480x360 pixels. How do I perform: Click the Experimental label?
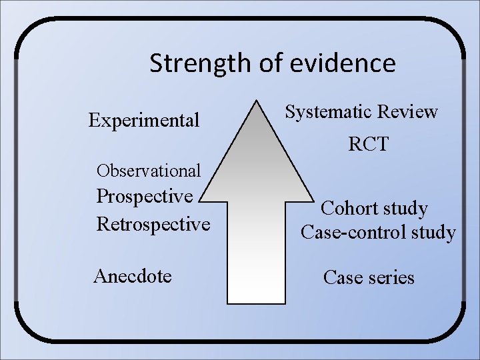(x=144, y=120)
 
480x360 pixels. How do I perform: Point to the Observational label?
(x=148, y=171)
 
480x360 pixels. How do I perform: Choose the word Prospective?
(x=145, y=196)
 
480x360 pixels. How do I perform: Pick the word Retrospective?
(x=153, y=223)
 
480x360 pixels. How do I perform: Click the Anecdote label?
(x=133, y=275)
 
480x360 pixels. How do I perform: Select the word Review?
(x=409, y=111)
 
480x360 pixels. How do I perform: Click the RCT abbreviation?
(x=368, y=144)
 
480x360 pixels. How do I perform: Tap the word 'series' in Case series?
(x=391, y=277)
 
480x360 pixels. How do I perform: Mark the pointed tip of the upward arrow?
(x=257, y=101)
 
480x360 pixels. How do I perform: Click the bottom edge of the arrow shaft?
(x=256, y=303)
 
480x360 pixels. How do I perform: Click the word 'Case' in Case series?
(x=343, y=277)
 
